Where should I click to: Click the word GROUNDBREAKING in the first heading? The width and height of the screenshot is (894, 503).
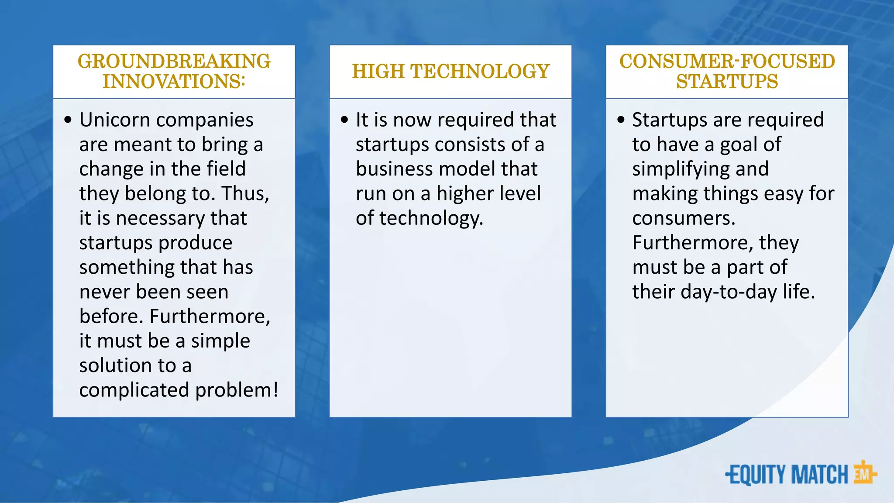(x=174, y=62)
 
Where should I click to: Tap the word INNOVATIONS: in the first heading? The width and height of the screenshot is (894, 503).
(x=174, y=82)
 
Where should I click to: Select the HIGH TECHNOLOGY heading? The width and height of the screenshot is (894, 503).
(x=450, y=72)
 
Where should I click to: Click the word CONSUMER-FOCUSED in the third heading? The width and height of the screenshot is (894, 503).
(x=727, y=62)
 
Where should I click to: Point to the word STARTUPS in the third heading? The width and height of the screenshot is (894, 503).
(x=727, y=82)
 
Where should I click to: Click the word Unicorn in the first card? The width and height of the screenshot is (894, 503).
(x=114, y=120)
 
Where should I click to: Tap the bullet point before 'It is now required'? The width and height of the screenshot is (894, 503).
(x=345, y=120)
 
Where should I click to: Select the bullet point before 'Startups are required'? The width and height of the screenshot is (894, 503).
(x=621, y=120)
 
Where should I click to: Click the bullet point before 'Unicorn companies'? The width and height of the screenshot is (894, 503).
(x=68, y=120)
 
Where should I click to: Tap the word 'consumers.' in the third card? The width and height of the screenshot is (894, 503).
(x=684, y=218)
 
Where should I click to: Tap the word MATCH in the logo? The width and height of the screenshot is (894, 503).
(x=819, y=475)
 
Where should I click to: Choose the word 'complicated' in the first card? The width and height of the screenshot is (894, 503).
(x=134, y=390)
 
